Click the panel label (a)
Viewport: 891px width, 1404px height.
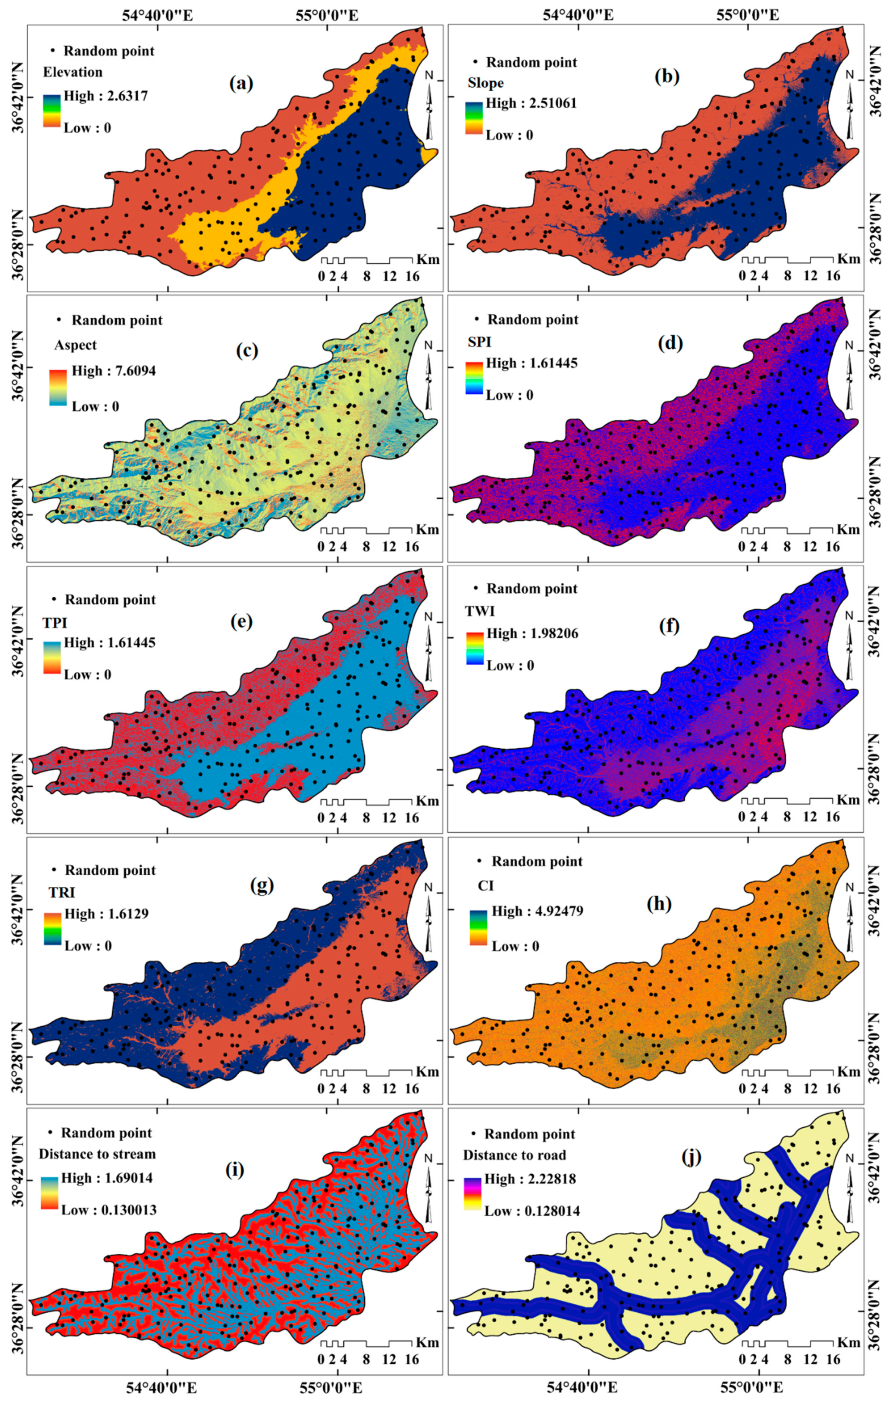pyautogui.click(x=241, y=85)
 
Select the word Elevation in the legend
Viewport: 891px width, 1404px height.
pyautogui.click(x=73, y=72)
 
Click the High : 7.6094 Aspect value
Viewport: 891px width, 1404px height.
pyautogui.click(x=114, y=371)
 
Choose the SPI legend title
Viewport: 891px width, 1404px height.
pyautogui.click(x=479, y=342)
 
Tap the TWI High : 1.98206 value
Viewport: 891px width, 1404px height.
pyautogui.click(x=532, y=633)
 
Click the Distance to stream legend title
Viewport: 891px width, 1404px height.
pyautogui.click(x=97, y=1154)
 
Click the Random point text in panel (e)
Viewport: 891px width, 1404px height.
pyautogui.click(x=110, y=600)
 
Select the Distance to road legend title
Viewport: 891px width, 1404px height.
pyautogui.click(x=514, y=1155)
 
